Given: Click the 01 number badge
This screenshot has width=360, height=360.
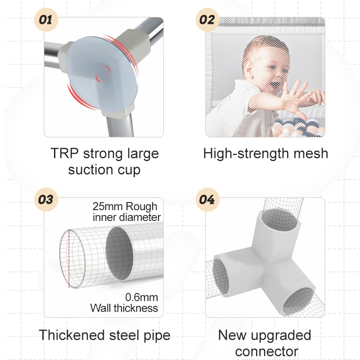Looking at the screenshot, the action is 46,20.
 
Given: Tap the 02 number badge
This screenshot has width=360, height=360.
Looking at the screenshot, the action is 207,20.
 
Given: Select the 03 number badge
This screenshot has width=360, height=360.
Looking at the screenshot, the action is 46,199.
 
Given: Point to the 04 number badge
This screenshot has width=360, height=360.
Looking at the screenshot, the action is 207,199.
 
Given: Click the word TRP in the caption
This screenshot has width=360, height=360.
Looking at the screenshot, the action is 64,153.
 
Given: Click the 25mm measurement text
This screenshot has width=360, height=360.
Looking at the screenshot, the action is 105,207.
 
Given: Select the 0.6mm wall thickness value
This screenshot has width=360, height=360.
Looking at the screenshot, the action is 142,297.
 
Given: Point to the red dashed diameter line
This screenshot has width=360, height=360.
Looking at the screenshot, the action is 69,258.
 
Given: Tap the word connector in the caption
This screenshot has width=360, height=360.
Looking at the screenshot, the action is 267,351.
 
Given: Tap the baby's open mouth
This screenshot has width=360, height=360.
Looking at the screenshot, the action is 273,85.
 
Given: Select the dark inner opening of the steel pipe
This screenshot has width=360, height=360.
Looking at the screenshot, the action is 119,253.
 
